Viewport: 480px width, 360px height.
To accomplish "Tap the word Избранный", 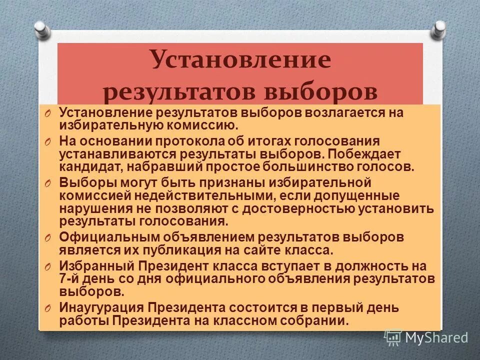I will (97, 265).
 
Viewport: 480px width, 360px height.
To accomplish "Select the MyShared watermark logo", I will (426, 337).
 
